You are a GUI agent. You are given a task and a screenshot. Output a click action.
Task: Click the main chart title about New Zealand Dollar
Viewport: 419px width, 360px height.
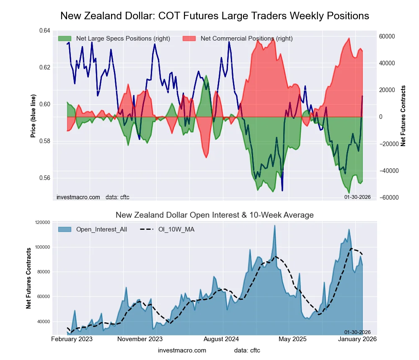[215, 16]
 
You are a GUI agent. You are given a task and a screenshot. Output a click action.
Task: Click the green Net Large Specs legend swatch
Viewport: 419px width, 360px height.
[65, 39]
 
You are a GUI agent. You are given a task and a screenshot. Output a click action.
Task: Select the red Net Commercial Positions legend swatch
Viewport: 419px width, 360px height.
[189, 39]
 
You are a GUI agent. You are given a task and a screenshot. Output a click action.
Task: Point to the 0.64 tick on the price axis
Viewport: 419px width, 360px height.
[44, 31]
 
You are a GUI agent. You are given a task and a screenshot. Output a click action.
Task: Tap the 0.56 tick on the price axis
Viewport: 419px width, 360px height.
[44, 178]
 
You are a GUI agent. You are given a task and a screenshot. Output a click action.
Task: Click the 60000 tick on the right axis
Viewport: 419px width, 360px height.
[388, 36]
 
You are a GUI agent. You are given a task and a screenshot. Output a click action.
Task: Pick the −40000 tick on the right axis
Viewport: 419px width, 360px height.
[389, 171]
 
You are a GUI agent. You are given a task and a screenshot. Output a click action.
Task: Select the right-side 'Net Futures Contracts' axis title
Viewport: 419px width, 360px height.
[403, 116]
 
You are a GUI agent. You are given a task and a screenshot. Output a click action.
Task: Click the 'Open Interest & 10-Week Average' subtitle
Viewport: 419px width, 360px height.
[215, 215]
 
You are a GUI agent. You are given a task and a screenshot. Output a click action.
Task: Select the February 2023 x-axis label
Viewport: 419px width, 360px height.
[72, 339]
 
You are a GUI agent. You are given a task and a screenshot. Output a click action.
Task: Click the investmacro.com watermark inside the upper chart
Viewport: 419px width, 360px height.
[78, 197]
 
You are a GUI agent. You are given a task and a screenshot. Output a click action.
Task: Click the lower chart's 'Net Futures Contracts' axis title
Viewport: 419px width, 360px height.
[29, 278]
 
